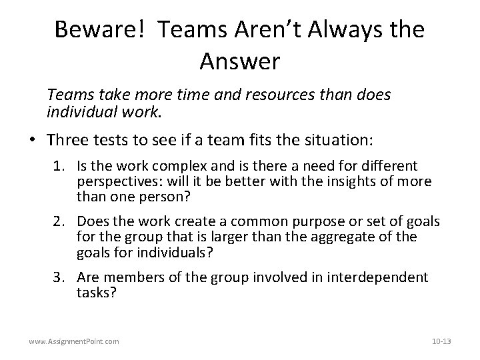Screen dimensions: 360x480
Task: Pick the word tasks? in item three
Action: point(97,292)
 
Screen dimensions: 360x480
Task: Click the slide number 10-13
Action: point(441,341)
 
